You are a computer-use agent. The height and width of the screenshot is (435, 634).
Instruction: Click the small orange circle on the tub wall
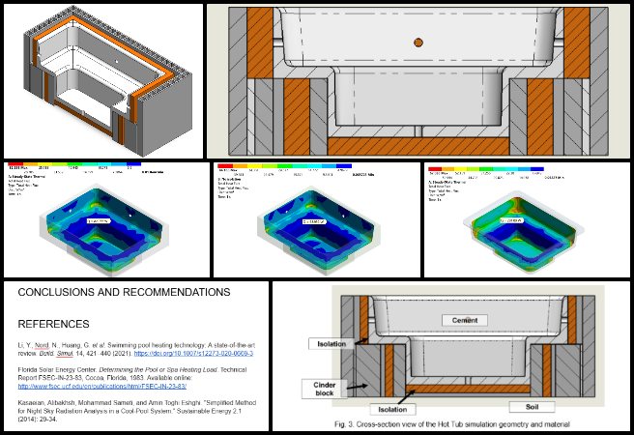click(x=418, y=42)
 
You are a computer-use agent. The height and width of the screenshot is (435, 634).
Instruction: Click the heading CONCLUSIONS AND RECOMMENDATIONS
click(x=124, y=292)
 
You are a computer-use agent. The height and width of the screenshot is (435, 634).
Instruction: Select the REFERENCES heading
click(x=53, y=324)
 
